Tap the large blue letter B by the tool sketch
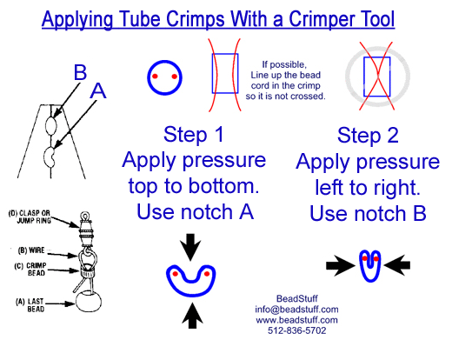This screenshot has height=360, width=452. click(80, 72)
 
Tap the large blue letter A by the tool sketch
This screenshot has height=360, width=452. click(98, 91)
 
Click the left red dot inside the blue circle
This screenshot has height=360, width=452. click(155, 77)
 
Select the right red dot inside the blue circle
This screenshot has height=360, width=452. click(174, 77)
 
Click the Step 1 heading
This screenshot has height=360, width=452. click(194, 134)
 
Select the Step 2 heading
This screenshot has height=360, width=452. click(368, 135)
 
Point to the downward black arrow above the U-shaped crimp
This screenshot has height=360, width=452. click(190, 247)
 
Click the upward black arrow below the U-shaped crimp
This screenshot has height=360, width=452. click(192, 316)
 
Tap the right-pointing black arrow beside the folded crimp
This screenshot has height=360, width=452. click(341, 265)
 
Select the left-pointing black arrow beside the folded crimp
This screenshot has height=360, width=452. click(397, 265)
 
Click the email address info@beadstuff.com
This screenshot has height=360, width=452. click(296, 310)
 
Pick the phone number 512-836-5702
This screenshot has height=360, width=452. click(296, 330)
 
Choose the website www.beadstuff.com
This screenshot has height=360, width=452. click(296, 320)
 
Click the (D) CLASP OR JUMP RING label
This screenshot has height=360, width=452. click(30, 217)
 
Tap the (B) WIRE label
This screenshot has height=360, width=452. click(31, 250)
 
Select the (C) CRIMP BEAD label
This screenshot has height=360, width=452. click(30, 270)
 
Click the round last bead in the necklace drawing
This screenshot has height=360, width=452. click(89, 302)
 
